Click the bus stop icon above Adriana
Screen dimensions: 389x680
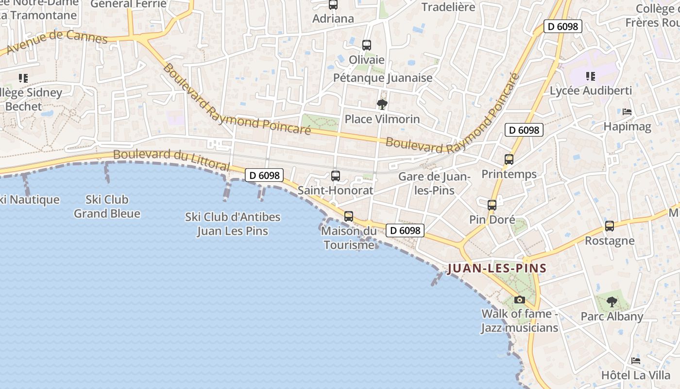(x=333, y=5)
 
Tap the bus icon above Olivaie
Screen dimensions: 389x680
(x=367, y=45)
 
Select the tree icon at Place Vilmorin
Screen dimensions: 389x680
(x=382, y=104)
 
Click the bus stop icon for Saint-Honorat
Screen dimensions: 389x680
(x=335, y=176)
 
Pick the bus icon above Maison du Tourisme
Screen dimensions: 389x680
(x=349, y=216)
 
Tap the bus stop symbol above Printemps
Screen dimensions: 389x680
(x=509, y=159)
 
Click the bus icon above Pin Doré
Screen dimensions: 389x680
(x=492, y=205)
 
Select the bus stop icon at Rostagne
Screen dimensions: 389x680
(x=610, y=226)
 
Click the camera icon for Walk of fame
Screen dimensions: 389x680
(x=519, y=300)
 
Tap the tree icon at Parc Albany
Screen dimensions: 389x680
(x=612, y=302)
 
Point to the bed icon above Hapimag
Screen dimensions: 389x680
(x=627, y=112)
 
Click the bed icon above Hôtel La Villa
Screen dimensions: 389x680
(x=635, y=361)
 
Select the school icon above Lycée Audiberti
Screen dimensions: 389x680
(x=591, y=76)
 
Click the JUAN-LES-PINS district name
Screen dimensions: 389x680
(x=497, y=268)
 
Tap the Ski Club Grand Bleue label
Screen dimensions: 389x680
(x=107, y=206)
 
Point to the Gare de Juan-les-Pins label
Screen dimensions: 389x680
(x=434, y=183)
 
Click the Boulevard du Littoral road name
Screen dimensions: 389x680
(x=171, y=159)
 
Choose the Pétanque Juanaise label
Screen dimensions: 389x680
(x=383, y=78)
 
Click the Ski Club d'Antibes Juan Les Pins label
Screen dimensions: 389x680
(x=233, y=224)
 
